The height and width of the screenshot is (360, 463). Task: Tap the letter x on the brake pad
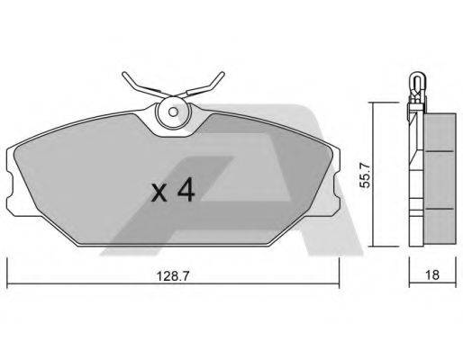159,193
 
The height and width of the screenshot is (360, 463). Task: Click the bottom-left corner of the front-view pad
20,216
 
